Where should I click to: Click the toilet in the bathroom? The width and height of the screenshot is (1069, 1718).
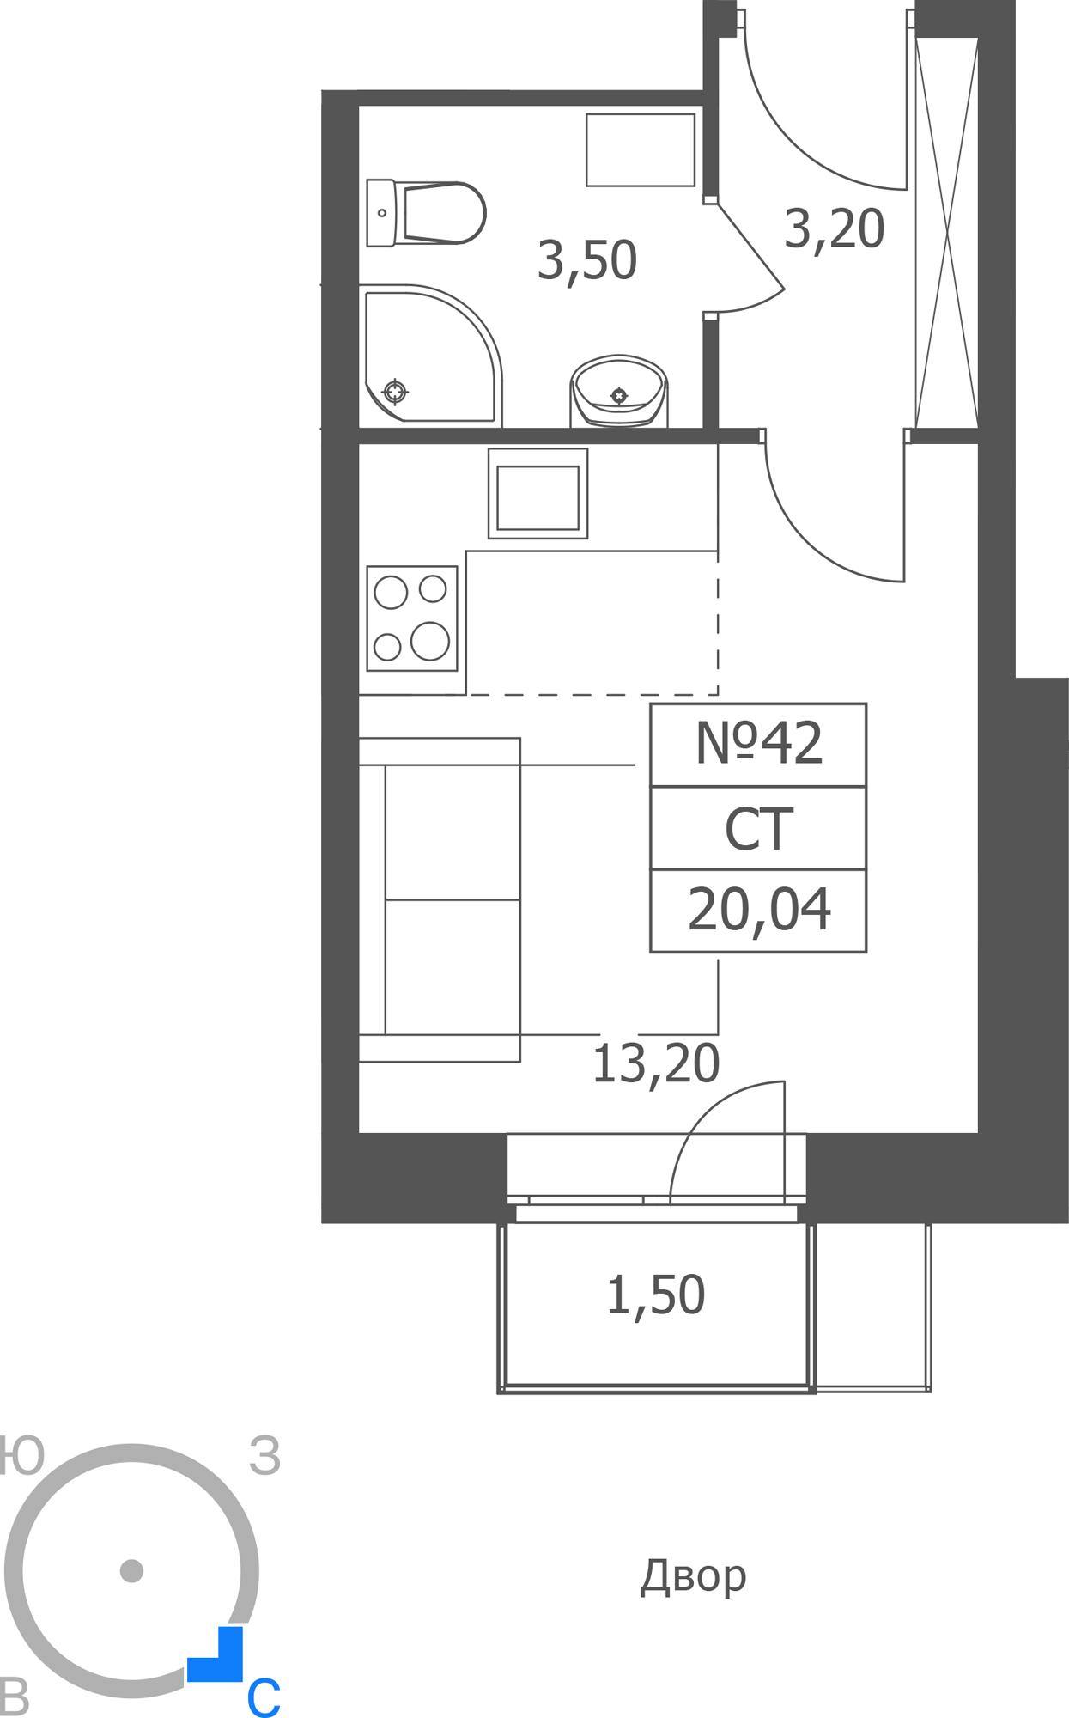[426, 212]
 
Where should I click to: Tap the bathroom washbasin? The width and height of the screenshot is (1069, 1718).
[619, 391]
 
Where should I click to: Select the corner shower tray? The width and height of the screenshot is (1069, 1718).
[430, 356]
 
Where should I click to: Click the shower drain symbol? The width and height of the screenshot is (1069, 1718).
[395, 393]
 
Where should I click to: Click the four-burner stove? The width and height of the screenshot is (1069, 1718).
[411, 618]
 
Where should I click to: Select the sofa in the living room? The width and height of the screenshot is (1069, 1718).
[440, 899]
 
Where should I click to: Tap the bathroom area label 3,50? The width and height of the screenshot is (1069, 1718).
[587, 260]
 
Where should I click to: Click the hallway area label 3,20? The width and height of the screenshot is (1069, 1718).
[835, 229]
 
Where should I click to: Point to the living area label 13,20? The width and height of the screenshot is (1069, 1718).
[656, 1063]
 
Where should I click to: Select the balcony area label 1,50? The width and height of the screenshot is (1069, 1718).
[656, 1295]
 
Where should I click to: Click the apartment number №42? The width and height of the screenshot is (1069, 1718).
[759, 743]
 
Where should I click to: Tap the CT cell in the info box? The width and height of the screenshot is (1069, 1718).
[759, 829]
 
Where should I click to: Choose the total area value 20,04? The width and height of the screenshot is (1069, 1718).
[759, 910]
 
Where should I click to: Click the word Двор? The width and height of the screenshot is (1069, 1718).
[694, 1576]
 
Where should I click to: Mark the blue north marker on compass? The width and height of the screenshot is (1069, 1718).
[216, 1654]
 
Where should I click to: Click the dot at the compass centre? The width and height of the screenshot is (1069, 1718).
[131, 1571]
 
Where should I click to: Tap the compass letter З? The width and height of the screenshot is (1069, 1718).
[265, 1456]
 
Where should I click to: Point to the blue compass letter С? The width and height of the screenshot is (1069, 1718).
[264, 1697]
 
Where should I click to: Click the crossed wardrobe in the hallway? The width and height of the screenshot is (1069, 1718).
[947, 232]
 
